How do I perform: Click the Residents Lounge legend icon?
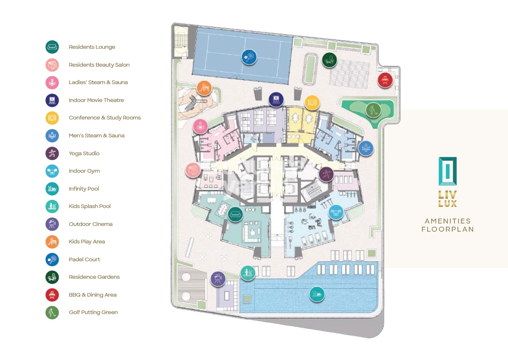pyautogui.click(x=52, y=47)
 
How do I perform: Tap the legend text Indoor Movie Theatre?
pyautogui.click(x=96, y=100)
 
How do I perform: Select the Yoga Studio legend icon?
pyautogui.click(x=52, y=153)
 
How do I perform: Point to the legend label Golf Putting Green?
pyautogui.click(x=93, y=312)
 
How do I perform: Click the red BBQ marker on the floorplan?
pyautogui.click(x=385, y=80)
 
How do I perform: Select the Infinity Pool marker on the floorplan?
pyautogui.click(x=317, y=294)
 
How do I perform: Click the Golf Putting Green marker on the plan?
pyautogui.click(x=373, y=110)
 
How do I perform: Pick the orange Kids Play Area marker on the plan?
pyautogui.click(x=204, y=88)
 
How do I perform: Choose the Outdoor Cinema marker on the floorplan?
pyautogui.click(x=218, y=278)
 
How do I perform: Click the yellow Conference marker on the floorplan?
pyautogui.click(x=311, y=102)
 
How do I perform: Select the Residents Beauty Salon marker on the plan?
pyautogui.click(x=192, y=170)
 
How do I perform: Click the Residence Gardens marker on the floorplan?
pyautogui.click(x=329, y=60)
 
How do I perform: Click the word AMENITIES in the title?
pyautogui.click(x=447, y=221)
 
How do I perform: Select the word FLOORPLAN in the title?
pyautogui.click(x=447, y=229)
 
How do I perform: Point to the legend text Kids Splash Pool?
pyautogui.click(x=90, y=206)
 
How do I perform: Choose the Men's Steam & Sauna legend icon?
pyautogui.click(x=52, y=136)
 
